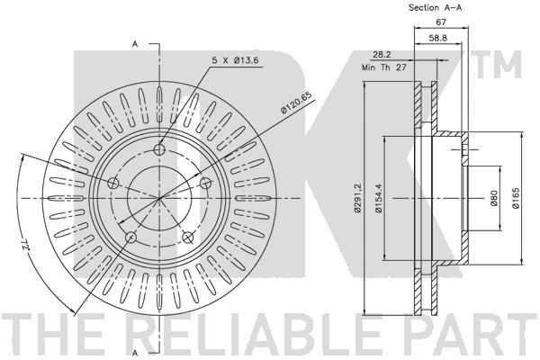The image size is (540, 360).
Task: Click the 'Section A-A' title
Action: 435,7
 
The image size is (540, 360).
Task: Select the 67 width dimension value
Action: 441,22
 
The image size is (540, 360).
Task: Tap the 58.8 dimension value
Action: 438,38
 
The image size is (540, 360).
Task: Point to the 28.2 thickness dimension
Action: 382,54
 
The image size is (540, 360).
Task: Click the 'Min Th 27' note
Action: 384,67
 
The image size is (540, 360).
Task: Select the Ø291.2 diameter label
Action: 357,198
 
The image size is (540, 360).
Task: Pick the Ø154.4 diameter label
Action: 378,198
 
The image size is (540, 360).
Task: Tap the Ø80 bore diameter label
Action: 494,198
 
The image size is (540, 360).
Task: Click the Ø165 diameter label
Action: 516,198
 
